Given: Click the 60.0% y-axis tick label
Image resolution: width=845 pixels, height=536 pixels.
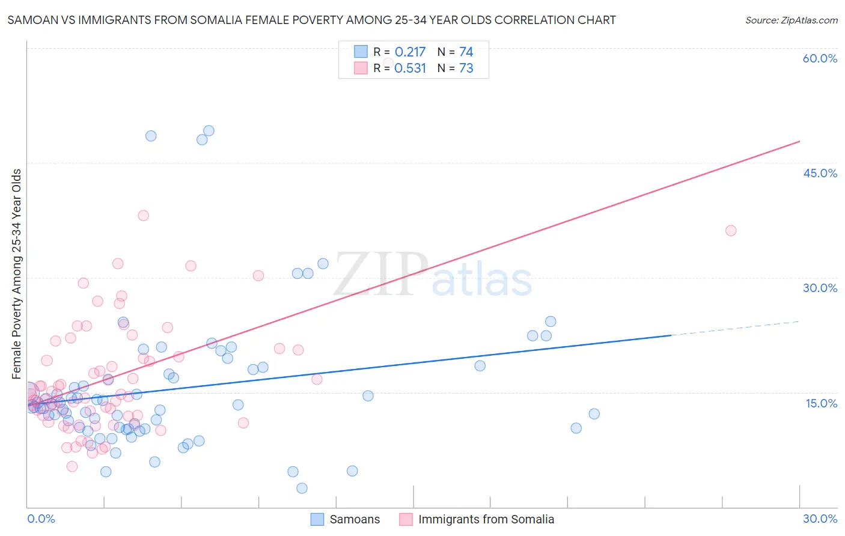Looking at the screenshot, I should pos(820,58).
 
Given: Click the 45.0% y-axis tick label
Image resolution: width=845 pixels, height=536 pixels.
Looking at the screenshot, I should pos(820,173).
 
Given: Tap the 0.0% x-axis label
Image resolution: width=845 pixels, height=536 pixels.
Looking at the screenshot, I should pos(41,519).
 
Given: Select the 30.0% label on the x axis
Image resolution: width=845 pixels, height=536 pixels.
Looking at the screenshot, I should pos(820,519).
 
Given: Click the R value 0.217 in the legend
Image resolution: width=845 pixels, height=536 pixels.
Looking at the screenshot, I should pos(410,52).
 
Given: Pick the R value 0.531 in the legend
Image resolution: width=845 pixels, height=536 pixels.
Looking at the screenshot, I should pos(410,69).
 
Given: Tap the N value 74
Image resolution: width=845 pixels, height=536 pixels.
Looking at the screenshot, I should pos(466,52).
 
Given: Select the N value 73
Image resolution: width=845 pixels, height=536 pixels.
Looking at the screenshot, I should pos(466,69).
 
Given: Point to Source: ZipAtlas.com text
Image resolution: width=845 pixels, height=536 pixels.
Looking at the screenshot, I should pos(791,20).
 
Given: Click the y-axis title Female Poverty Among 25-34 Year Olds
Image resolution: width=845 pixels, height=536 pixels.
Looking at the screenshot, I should pos(17,274).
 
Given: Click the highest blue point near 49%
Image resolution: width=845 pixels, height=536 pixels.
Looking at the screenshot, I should pos(209,130).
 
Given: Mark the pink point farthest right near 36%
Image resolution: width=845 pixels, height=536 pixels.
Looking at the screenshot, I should pos(731,230).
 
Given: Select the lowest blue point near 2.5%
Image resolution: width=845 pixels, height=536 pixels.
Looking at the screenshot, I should pos(302,488).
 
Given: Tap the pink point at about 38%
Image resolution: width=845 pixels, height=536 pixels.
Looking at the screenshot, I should pos(143,215).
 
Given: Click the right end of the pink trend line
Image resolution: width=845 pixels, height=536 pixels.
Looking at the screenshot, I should pos(799,141).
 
